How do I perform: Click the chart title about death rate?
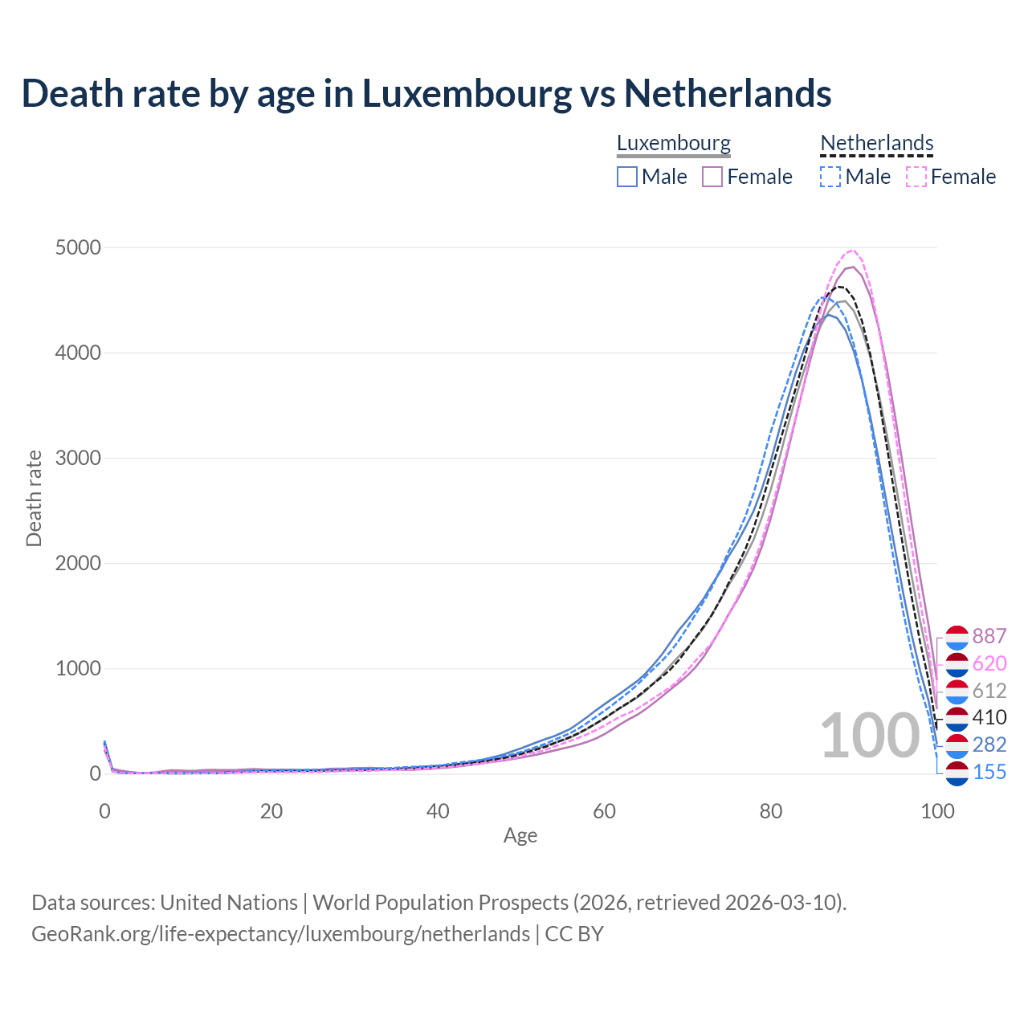coord(426,93)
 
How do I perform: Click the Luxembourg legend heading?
coord(673,143)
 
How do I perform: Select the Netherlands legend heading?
coord(876,143)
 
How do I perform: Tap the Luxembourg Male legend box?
coord(627,177)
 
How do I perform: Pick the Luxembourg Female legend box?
coord(713,177)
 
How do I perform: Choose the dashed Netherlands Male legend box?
coord(830,177)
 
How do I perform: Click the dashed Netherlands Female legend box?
coord(916,177)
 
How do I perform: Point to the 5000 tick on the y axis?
coord(78,247)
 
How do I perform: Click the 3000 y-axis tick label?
coord(78,458)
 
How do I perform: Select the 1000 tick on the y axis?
coord(78,668)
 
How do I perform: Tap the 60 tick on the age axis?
coord(604,811)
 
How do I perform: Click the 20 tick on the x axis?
coord(271,811)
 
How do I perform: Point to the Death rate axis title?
coord(34,498)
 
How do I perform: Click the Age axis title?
coord(520,835)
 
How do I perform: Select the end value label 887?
coord(989,636)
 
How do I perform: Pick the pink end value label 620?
coord(989,663)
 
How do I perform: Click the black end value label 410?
coord(989,717)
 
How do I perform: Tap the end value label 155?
coord(989,772)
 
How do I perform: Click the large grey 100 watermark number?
coord(869,736)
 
